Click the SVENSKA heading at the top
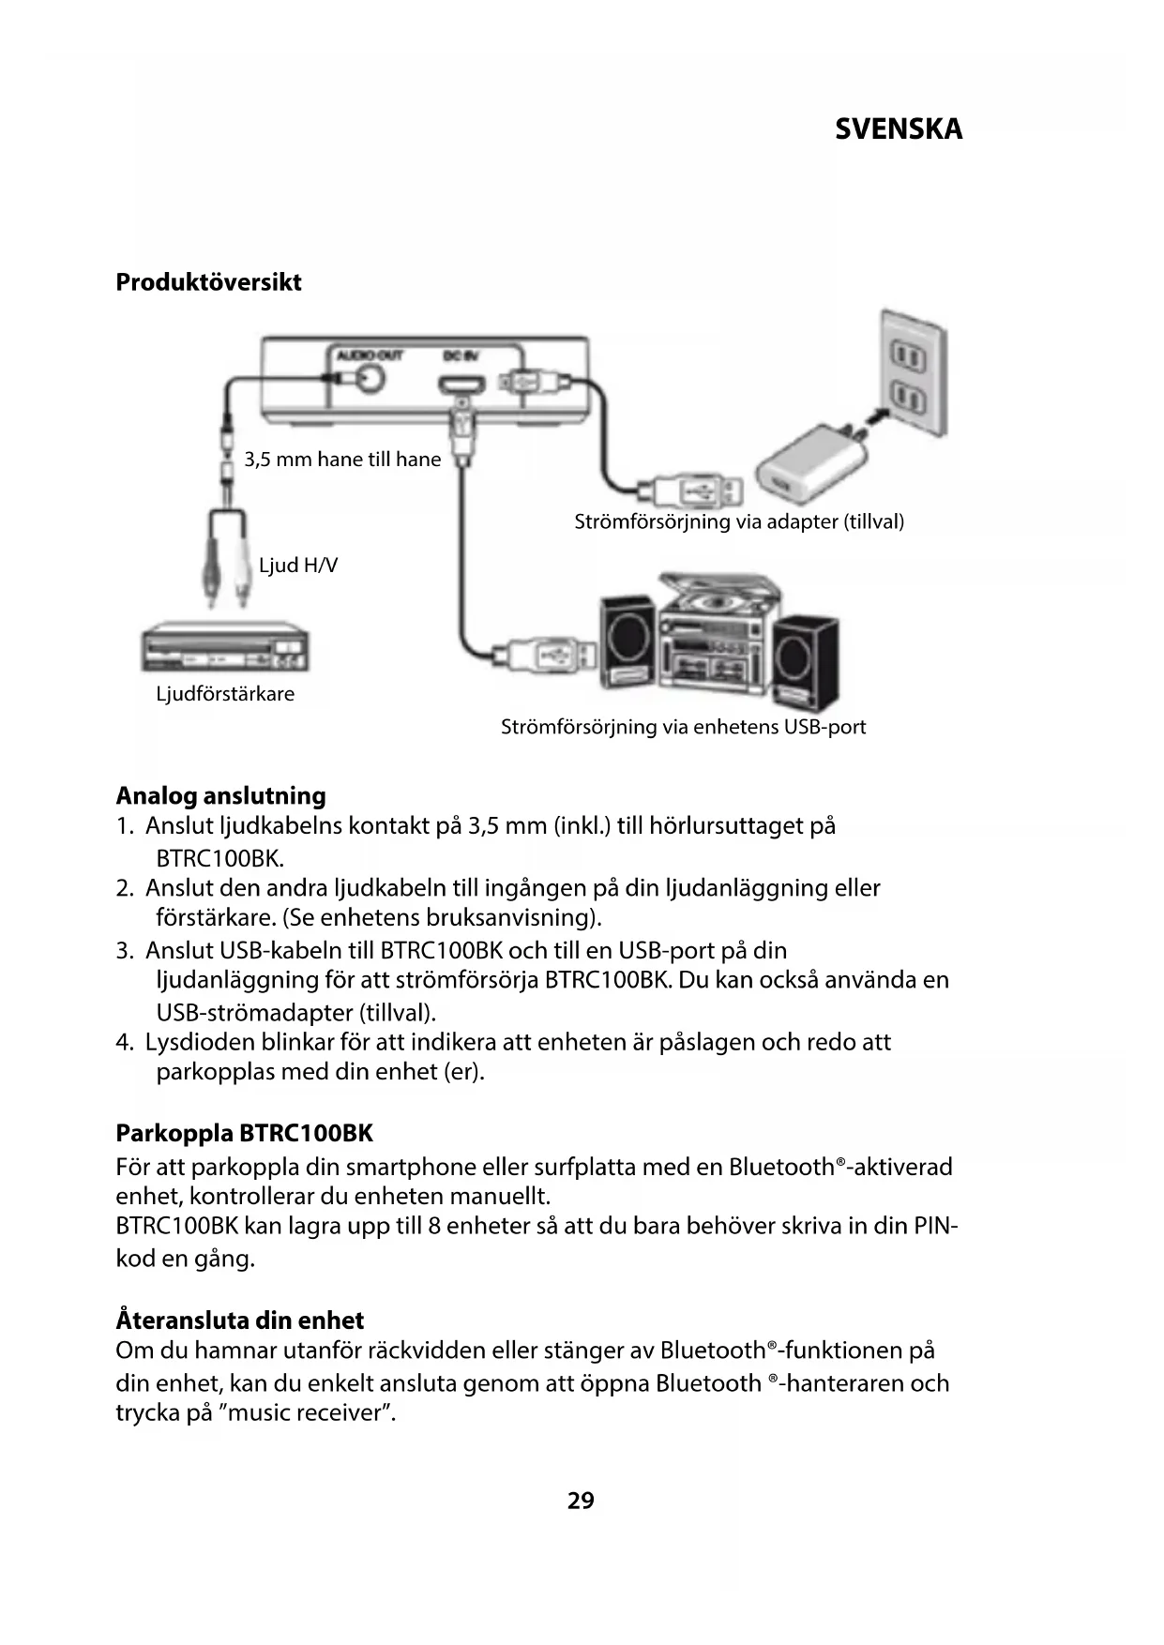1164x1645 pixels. (898, 129)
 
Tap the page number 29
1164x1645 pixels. (581, 1501)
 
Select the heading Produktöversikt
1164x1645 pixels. (208, 282)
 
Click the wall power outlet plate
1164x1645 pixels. (909, 376)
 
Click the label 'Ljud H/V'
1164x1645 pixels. (297, 566)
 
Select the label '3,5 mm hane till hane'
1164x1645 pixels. (342, 460)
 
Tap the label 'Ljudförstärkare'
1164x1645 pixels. (225, 694)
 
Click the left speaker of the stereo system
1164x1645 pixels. (627, 641)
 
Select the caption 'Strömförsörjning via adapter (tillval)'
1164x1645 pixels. (739, 521)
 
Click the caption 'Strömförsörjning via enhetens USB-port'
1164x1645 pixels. (683, 727)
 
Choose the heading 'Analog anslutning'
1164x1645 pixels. (220, 796)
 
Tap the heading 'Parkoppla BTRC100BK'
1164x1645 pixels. (244, 1134)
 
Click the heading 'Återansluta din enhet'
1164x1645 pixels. (239, 1321)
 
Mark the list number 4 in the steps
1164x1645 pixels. (123, 1043)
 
